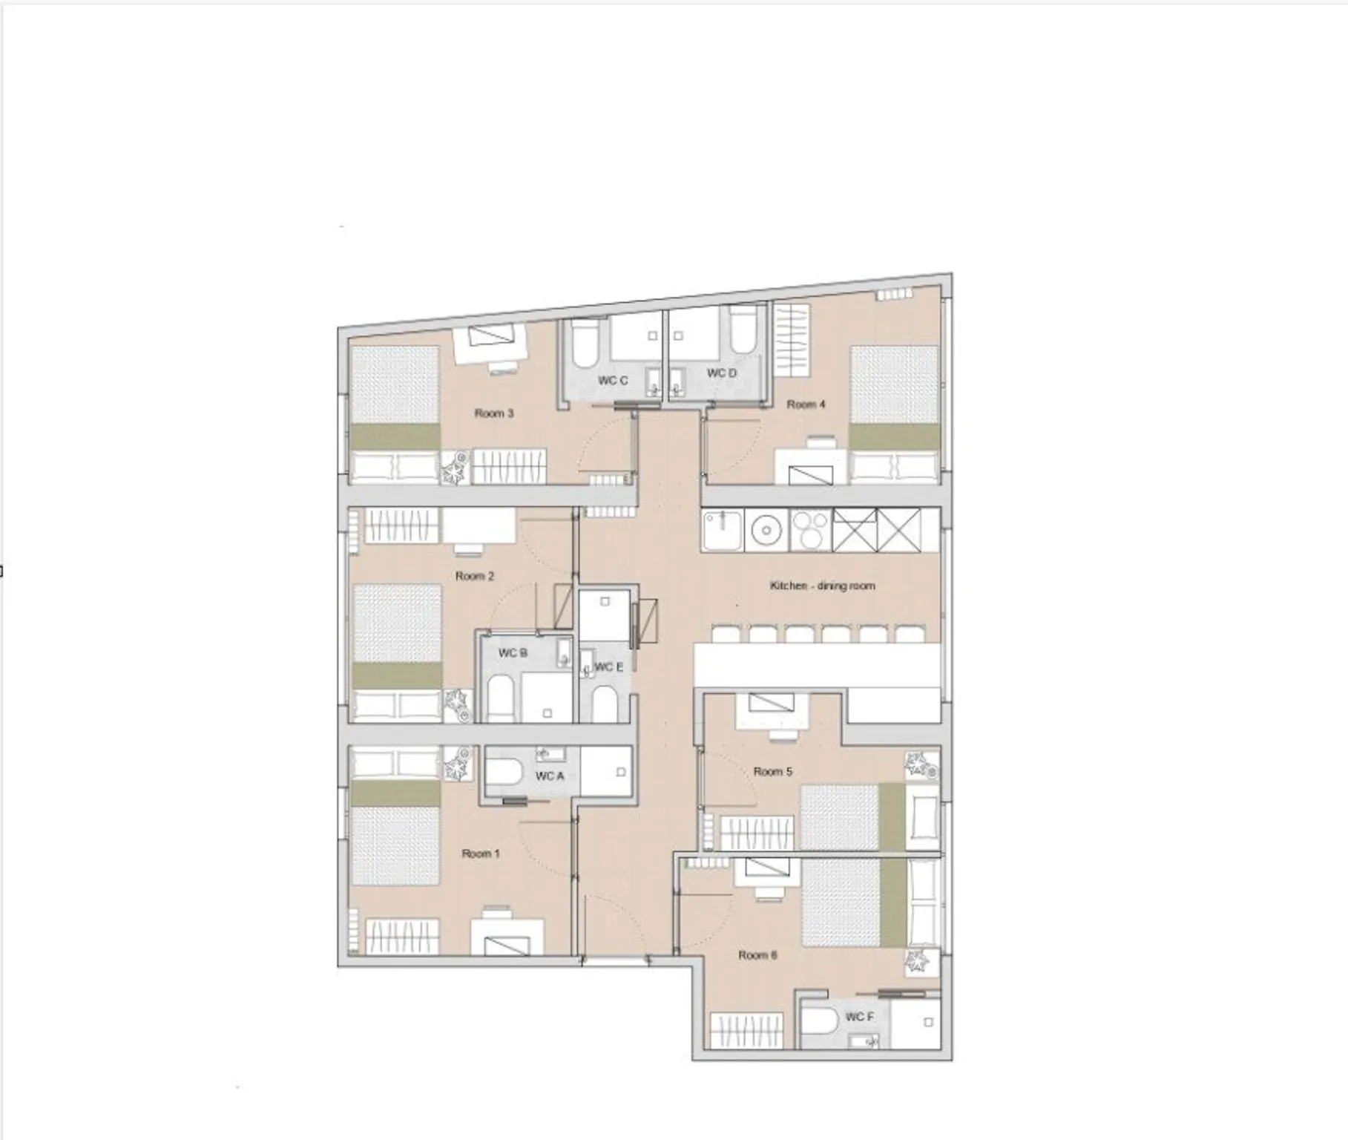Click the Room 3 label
(494, 413)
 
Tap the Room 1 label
(481, 854)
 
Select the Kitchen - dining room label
(822, 586)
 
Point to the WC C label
(613, 381)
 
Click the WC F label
(860, 1016)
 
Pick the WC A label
(550, 776)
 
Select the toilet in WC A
(506, 772)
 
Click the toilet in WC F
(820, 1021)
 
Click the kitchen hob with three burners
(810, 530)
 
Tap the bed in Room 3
(395, 415)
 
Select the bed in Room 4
(895, 414)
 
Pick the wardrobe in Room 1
(403, 937)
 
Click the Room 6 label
(757, 955)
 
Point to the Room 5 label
(773, 772)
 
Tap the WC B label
(513, 653)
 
